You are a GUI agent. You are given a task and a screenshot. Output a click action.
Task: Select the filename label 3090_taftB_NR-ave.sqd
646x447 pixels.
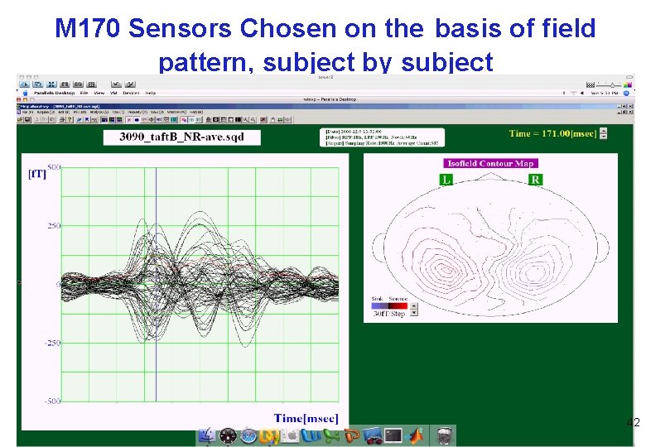click(x=177, y=136)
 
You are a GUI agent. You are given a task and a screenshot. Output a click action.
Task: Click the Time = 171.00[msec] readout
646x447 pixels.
click(x=552, y=133)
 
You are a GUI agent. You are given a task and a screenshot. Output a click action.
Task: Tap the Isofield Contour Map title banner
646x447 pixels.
click(x=490, y=163)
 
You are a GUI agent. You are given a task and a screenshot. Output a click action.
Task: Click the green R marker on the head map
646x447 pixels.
click(x=535, y=179)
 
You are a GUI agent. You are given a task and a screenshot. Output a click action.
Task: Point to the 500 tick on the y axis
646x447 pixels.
click(x=54, y=168)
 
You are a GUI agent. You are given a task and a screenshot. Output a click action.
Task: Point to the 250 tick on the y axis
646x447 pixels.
click(x=54, y=225)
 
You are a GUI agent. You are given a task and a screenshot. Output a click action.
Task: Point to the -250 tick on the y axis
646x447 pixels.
click(x=52, y=343)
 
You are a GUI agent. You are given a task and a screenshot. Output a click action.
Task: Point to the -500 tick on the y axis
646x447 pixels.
click(x=52, y=401)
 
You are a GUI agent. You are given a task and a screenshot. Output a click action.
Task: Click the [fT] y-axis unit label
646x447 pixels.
click(x=38, y=174)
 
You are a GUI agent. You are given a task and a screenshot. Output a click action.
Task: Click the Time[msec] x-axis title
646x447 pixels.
click(x=306, y=418)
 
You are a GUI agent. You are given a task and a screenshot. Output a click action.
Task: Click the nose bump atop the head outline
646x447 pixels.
click(x=490, y=175)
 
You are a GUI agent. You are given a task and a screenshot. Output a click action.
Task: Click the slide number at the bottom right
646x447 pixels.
click(x=633, y=423)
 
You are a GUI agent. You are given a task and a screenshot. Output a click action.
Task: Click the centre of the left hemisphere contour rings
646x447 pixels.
click(x=444, y=270)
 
